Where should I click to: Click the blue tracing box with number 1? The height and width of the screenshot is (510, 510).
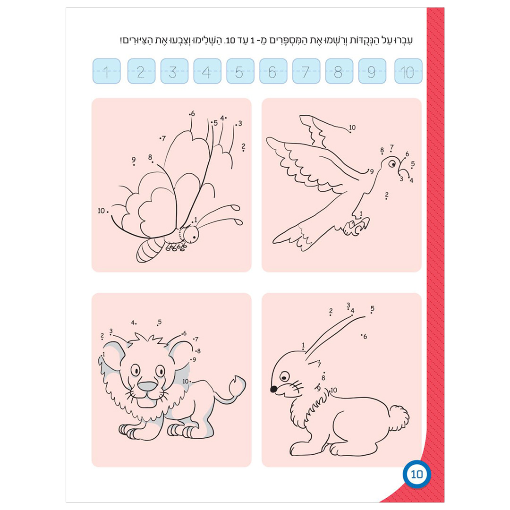(106, 71)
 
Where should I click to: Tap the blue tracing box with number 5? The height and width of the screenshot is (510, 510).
(240, 71)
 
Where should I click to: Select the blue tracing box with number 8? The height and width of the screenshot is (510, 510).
(339, 71)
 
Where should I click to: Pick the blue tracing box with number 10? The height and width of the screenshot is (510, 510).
(408, 71)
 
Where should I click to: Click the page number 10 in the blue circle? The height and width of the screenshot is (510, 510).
(416, 474)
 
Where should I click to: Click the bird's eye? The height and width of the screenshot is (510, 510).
(392, 163)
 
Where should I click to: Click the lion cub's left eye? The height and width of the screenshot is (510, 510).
(136, 370)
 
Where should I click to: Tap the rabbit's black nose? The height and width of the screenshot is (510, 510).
(273, 389)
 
